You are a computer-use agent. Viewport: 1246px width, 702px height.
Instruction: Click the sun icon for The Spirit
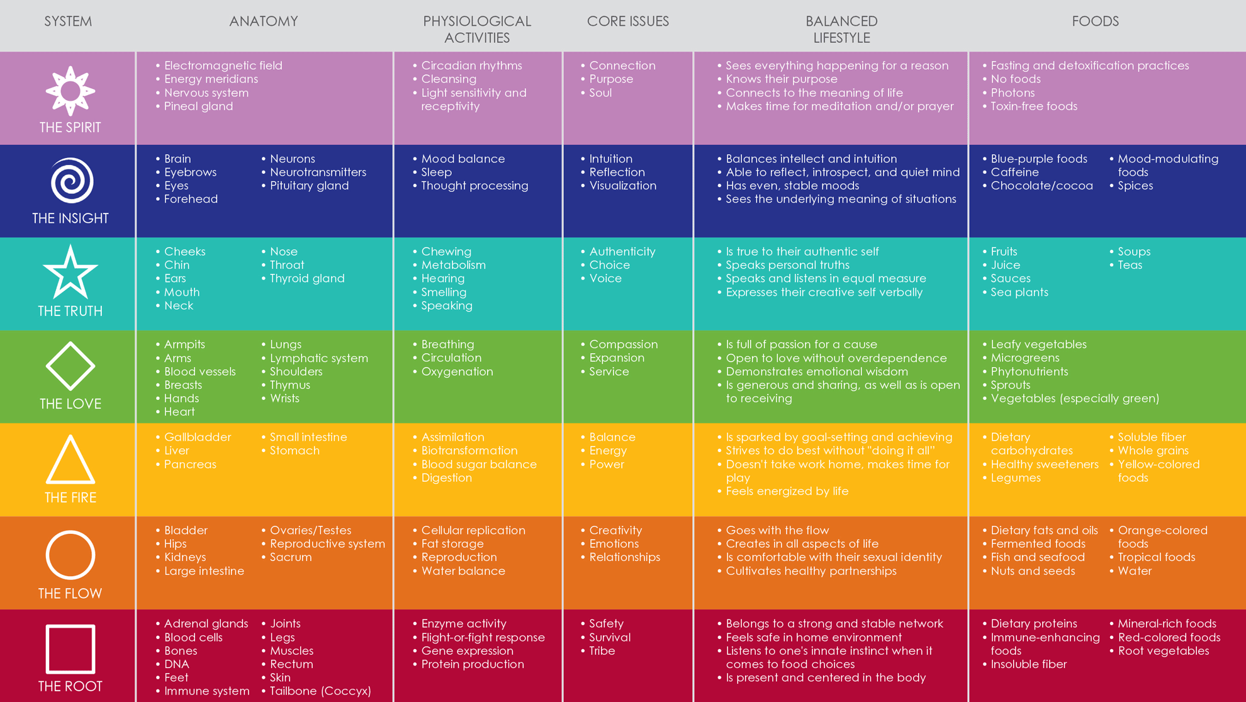point(70,91)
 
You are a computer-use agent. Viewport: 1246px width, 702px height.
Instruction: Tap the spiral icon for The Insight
point(71,181)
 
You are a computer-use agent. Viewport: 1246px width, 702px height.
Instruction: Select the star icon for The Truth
point(70,273)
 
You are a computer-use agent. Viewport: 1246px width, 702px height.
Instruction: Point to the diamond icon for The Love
point(70,366)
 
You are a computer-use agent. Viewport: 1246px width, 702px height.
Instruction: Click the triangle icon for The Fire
point(70,460)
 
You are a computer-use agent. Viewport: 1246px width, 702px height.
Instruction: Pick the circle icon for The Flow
point(70,555)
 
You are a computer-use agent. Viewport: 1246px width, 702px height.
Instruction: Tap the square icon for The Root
point(70,648)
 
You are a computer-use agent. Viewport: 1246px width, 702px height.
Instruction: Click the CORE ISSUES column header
point(627,21)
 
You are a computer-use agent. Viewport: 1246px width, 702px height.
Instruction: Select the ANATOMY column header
point(263,21)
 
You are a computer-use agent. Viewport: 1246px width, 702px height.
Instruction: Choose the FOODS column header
point(1095,21)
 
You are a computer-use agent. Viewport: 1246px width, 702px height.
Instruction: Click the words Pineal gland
point(198,106)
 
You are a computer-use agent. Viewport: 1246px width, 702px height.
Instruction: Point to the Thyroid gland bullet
point(306,278)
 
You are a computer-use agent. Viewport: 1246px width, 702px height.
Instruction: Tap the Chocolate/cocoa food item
point(1041,186)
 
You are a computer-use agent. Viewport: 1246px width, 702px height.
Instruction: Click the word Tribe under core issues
point(602,651)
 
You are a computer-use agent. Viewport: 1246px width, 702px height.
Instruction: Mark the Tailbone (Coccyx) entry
point(320,691)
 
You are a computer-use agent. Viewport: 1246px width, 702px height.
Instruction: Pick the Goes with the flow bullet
point(777,531)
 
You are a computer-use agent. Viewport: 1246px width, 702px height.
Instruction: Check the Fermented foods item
point(1038,544)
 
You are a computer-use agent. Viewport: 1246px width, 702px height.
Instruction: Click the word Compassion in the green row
point(623,344)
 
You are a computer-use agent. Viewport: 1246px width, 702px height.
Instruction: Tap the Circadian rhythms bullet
point(471,65)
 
